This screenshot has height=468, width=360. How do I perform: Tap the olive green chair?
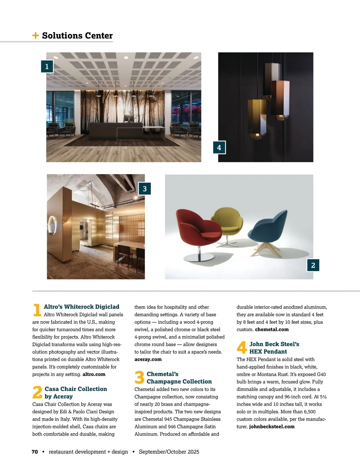point(228,222)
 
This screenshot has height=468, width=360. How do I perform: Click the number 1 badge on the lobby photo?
point(47,66)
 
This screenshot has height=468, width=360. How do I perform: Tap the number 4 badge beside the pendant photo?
point(219,147)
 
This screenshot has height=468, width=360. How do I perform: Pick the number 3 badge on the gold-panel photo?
point(145,189)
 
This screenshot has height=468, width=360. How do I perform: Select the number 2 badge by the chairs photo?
point(313,265)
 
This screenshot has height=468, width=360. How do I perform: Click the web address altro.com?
point(94,374)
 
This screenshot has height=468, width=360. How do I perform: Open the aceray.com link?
point(148,359)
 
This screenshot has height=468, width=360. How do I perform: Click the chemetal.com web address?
point(272,329)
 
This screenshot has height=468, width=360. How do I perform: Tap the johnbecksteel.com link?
point(272,427)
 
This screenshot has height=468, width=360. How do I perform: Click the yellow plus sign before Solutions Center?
point(35,35)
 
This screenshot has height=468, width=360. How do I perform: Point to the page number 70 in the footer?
point(35,452)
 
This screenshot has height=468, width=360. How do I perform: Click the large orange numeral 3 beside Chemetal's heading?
point(139,377)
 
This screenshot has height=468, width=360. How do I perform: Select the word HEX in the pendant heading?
point(256,352)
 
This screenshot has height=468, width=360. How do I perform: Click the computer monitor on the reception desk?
point(129,118)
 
